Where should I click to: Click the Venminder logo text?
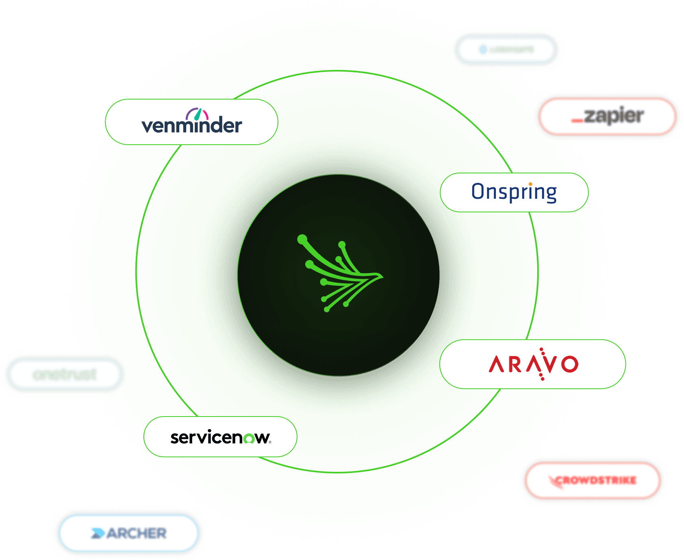pyautogui.click(x=191, y=126)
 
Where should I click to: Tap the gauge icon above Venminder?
pyautogui.click(x=197, y=114)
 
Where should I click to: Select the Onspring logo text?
pyautogui.click(x=514, y=192)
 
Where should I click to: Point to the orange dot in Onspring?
pyautogui.click(x=530, y=184)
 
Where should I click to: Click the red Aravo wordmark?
pyautogui.click(x=533, y=364)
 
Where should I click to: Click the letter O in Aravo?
pyautogui.click(x=569, y=364)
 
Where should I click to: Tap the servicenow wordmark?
pyautogui.click(x=220, y=437)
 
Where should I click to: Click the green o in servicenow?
pyautogui.click(x=249, y=438)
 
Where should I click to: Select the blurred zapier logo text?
pyautogui.click(x=614, y=116)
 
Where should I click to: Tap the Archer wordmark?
pyautogui.click(x=137, y=533)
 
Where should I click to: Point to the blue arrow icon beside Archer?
pyautogui.click(x=98, y=533)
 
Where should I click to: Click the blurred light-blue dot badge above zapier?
pyautogui.click(x=506, y=50)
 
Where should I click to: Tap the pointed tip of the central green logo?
pyautogui.click(x=382, y=276)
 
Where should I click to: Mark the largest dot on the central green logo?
pyautogui.click(x=302, y=240)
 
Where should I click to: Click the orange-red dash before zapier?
pyautogui.click(x=577, y=120)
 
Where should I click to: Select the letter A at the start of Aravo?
pyautogui.click(x=496, y=365)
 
